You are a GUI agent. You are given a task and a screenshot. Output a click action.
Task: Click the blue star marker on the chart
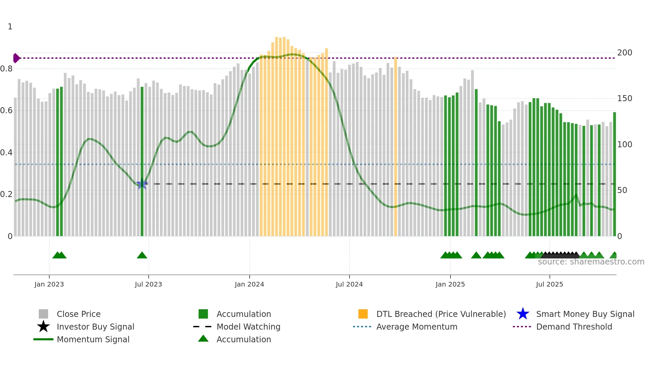(142, 184)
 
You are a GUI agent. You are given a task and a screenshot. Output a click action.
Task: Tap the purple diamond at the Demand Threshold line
(16, 58)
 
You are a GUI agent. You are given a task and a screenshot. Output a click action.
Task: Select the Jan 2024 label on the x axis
(249, 284)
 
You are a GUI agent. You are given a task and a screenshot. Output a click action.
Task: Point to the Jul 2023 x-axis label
(148, 284)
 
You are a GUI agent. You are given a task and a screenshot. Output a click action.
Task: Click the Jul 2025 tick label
(549, 284)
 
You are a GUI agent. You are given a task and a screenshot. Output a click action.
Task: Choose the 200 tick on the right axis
(625, 53)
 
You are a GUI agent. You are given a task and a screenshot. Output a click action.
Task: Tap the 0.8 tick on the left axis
(6, 69)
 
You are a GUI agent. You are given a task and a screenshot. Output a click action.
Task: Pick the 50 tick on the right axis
(622, 190)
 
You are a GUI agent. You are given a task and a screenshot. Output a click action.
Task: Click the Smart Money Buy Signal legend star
(523, 314)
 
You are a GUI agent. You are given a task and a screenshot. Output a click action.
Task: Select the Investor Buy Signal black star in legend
(43, 327)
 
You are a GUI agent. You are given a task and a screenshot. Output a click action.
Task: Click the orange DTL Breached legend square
(363, 314)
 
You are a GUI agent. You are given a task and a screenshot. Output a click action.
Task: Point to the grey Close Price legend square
(43, 314)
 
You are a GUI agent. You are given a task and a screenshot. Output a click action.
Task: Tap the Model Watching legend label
(248, 327)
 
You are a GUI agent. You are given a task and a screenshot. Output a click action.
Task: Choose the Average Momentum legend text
(417, 327)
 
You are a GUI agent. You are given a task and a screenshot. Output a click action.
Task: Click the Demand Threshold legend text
(574, 327)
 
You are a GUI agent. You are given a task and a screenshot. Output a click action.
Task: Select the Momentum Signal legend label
(93, 339)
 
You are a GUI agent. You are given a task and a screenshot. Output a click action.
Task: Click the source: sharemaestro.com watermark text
(591, 262)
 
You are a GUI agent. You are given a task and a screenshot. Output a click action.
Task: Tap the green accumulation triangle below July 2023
(142, 255)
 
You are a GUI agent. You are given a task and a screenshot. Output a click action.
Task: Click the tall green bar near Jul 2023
(142, 160)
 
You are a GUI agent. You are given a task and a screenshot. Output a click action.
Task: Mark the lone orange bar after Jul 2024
(396, 147)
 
